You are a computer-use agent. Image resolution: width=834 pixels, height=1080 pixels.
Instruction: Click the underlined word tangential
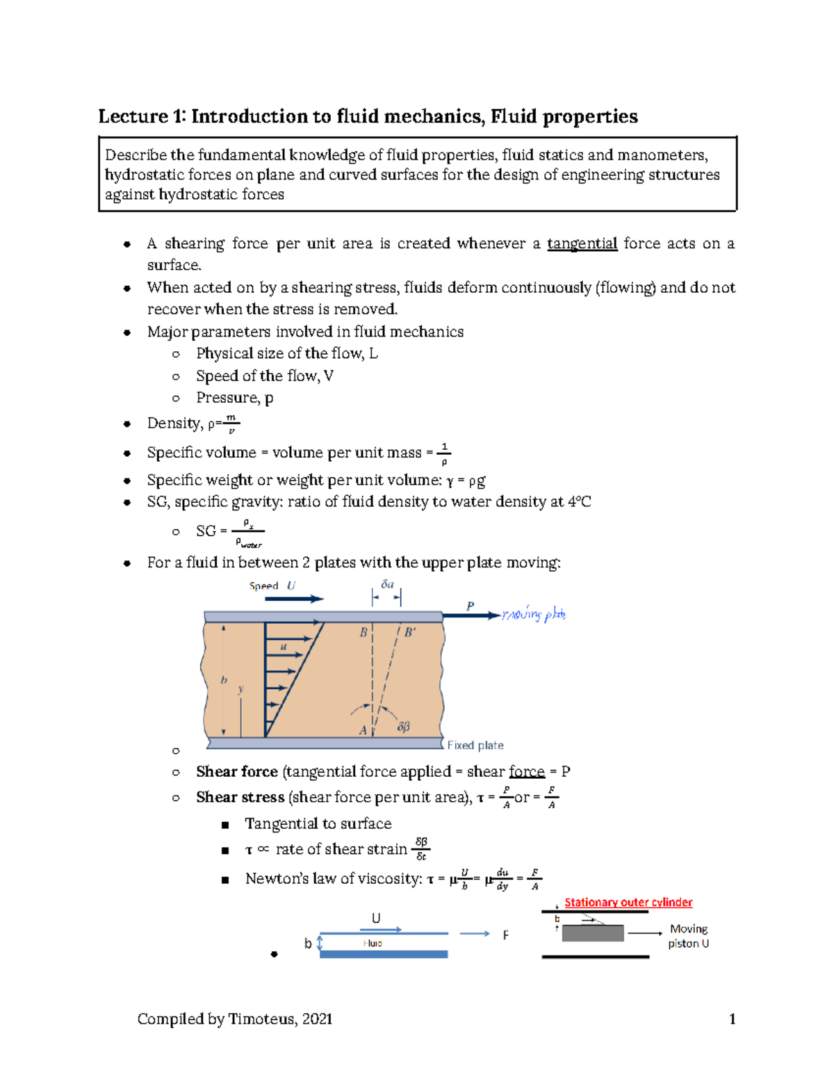[582, 243]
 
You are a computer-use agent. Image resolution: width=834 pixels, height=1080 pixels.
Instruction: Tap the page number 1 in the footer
[732, 1019]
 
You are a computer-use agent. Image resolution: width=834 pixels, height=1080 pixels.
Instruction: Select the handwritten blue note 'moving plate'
[534, 614]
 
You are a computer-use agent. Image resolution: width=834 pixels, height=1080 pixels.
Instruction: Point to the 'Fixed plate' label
[475, 745]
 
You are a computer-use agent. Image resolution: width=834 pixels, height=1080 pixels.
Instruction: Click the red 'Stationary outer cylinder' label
[628, 902]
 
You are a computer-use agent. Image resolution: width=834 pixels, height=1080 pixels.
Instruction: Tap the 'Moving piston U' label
[688, 936]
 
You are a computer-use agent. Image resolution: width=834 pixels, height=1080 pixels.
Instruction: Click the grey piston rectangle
[592, 933]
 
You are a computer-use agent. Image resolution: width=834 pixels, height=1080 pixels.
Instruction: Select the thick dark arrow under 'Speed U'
[295, 598]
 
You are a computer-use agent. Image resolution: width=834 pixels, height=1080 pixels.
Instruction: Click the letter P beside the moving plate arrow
[470, 606]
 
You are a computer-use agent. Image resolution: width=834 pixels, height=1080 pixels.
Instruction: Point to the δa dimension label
[387, 584]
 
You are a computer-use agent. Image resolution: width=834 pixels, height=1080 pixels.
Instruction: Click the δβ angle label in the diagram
[403, 727]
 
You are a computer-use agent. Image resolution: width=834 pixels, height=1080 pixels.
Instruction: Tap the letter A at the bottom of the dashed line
[363, 730]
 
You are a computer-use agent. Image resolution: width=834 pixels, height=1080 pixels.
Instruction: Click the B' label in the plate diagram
[410, 633]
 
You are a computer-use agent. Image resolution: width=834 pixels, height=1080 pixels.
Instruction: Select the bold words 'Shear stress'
[240, 797]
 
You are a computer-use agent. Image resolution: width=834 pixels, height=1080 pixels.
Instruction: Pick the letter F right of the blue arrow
[505, 935]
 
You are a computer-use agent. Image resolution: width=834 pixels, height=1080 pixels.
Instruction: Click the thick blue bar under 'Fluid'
[384, 954]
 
